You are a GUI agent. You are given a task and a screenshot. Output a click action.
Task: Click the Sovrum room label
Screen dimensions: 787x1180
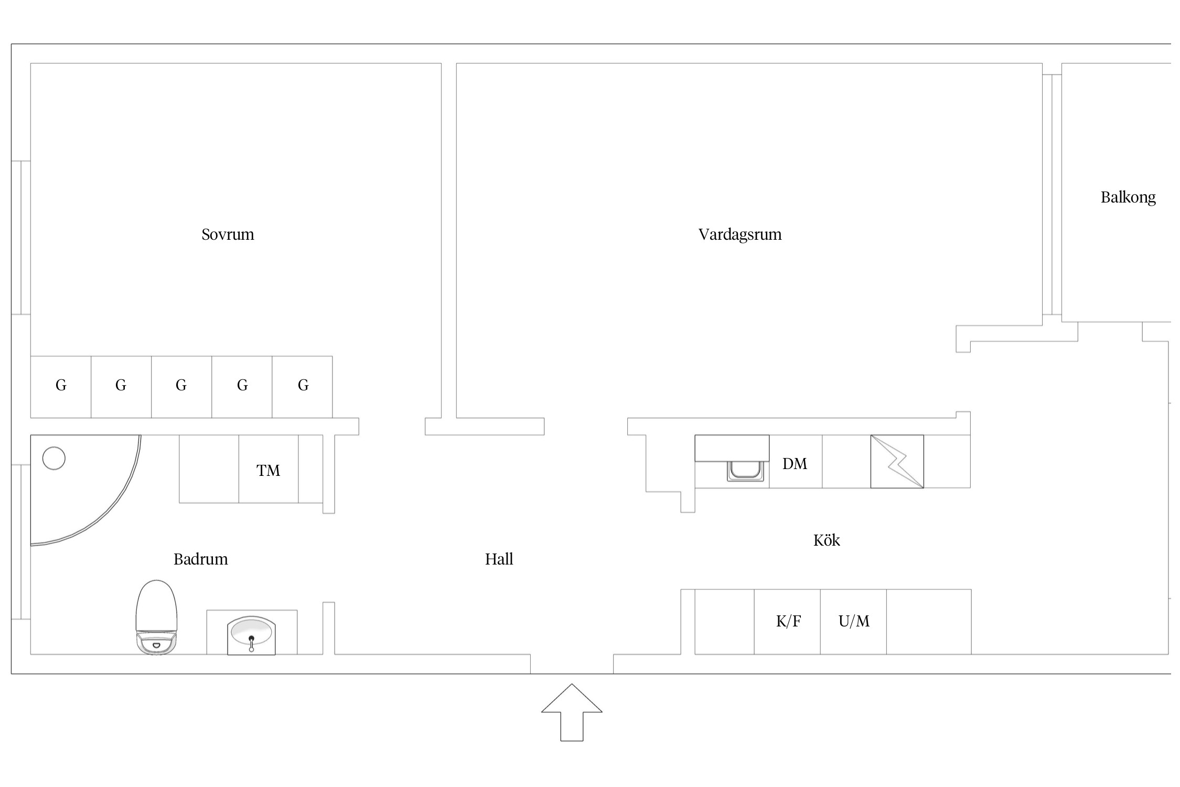click(228, 234)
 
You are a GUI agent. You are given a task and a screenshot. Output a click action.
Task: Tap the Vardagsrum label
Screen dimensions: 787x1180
click(739, 234)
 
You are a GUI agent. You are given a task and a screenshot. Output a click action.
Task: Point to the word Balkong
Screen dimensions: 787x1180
click(1128, 197)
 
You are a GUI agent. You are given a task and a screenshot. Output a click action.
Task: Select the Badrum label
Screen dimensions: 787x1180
click(200, 559)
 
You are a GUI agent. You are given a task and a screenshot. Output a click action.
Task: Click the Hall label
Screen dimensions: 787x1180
click(499, 559)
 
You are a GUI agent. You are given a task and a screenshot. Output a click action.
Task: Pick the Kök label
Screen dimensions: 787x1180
click(827, 540)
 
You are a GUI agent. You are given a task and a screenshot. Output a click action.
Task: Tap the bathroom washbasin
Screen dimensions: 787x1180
click(251, 634)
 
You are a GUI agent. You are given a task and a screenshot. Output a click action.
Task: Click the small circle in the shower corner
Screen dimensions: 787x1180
click(53, 458)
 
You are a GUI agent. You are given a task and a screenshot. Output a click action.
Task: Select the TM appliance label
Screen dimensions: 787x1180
click(268, 470)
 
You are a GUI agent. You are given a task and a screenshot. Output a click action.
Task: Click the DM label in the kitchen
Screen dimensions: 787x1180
click(795, 463)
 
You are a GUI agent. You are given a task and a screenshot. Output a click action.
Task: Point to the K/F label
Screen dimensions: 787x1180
click(788, 621)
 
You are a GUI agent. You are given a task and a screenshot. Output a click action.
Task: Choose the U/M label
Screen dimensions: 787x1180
click(854, 621)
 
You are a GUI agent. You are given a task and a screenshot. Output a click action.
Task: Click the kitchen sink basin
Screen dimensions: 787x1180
click(745, 470)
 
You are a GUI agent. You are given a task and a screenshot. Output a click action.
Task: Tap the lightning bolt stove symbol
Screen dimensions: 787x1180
click(897, 461)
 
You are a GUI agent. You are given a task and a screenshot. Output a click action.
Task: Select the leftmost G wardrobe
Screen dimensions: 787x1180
click(61, 386)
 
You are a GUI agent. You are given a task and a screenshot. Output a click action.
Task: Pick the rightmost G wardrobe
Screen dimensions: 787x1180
click(303, 386)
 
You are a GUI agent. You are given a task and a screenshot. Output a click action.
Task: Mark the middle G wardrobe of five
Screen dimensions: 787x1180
click(181, 386)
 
